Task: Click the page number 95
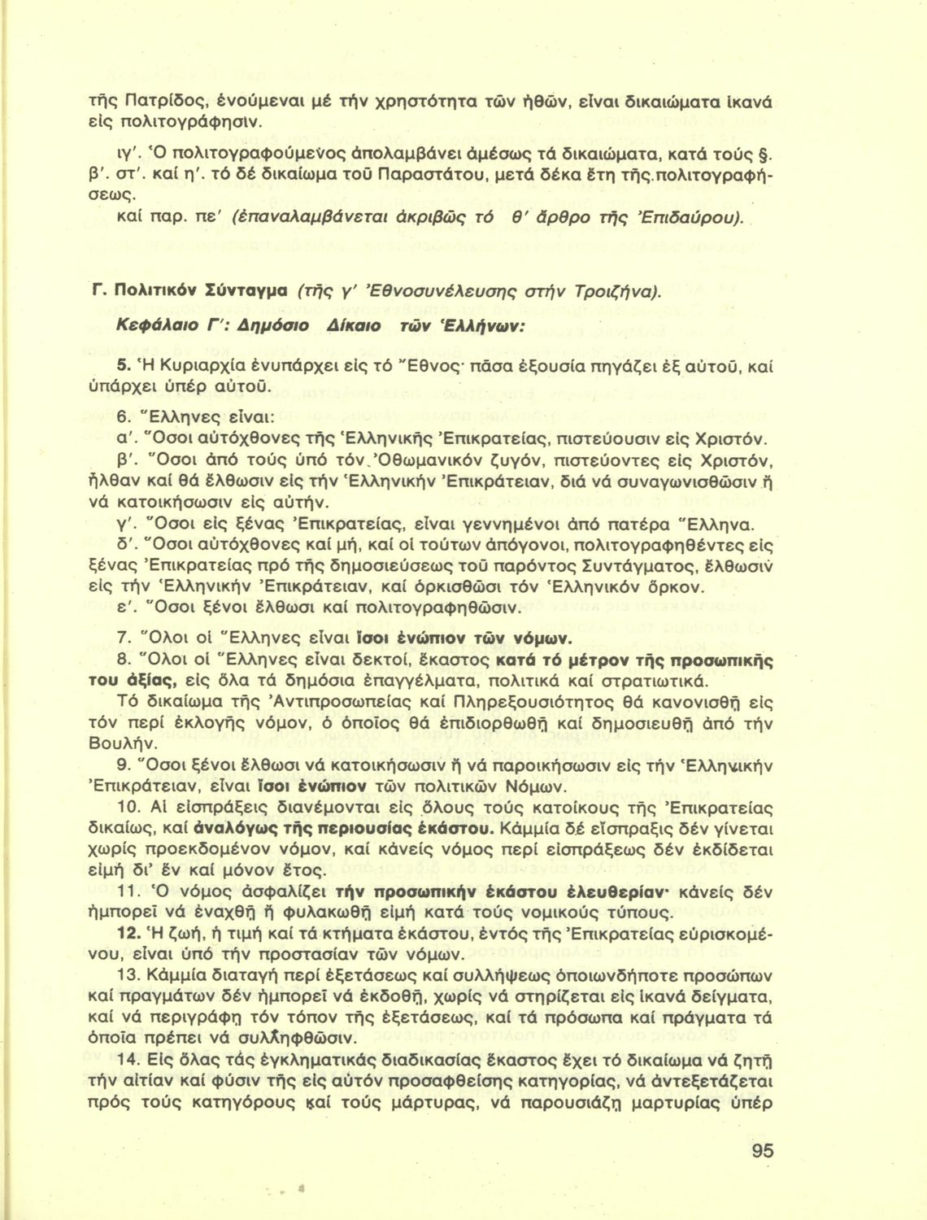(762, 1150)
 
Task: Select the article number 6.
(124, 417)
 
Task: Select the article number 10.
(130, 808)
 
